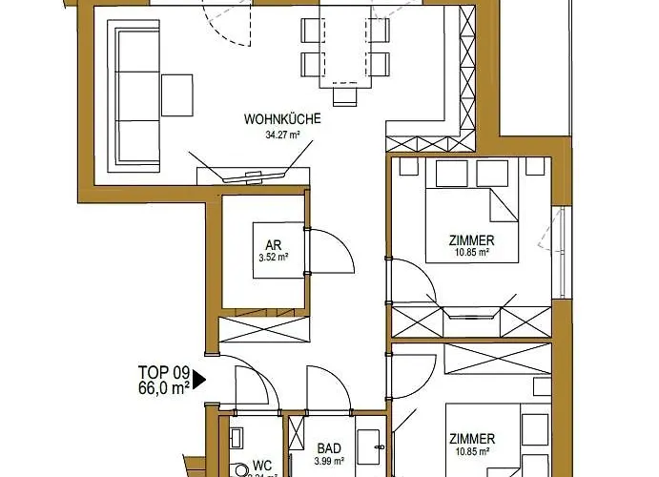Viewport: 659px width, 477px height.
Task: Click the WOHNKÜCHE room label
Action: (281, 120)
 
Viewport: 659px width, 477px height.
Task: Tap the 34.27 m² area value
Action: (281, 135)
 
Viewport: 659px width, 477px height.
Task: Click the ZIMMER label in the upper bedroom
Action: (471, 239)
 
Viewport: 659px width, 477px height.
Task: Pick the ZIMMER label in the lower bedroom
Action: (471, 439)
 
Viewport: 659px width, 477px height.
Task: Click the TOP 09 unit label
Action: (165, 373)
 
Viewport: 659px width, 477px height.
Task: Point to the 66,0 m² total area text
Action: (164, 387)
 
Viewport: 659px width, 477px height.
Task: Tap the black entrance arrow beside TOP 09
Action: (198, 382)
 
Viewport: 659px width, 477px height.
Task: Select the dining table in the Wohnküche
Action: (344, 52)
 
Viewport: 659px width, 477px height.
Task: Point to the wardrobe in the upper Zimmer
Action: (471, 319)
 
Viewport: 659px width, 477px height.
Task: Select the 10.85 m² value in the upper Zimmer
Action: (471, 254)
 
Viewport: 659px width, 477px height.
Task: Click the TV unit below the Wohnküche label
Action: (253, 176)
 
